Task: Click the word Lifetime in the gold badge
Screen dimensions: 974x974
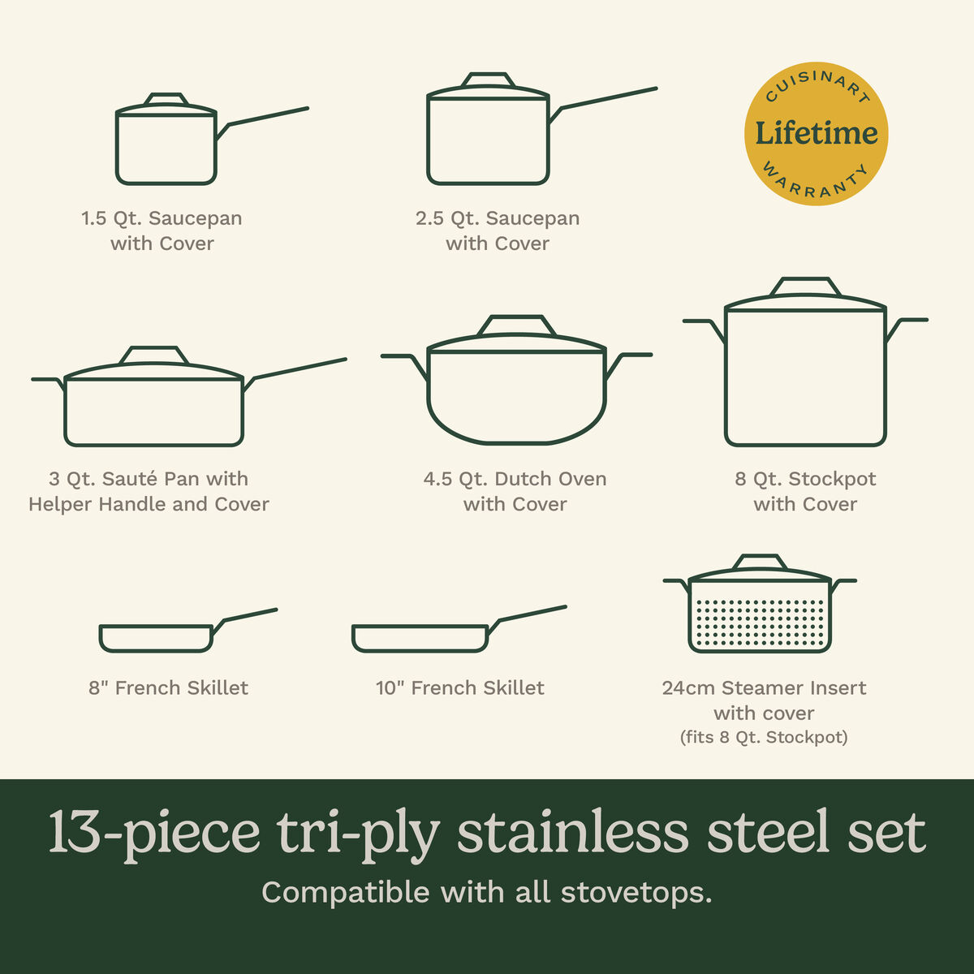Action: [x=816, y=133]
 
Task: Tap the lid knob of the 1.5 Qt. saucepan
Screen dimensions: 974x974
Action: [x=166, y=99]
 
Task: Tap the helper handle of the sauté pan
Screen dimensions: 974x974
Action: [x=47, y=380]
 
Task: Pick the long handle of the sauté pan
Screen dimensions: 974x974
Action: [x=300, y=368]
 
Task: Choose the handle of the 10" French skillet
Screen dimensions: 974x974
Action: [x=532, y=614]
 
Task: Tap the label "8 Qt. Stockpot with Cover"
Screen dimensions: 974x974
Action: [x=805, y=491]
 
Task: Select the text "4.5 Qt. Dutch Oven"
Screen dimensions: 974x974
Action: [x=515, y=479]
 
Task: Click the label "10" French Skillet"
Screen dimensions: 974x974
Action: [x=459, y=688]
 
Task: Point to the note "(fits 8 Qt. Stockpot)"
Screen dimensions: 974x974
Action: [x=763, y=738]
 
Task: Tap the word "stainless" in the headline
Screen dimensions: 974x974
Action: [x=575, y=833]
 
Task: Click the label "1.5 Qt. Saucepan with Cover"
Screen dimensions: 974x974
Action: [x=162, y=231]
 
